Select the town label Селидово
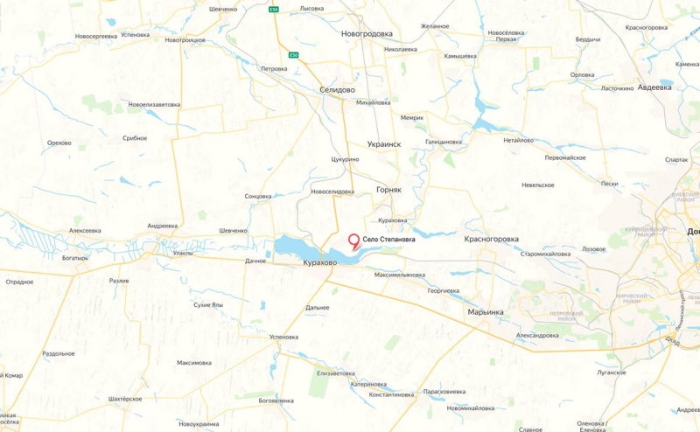(x=337, y=90)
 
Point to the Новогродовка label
(x=367, y=33)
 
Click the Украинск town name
(x=384, y=144)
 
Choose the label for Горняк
(x=388, y=189)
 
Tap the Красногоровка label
(x=492, y=239)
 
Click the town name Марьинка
(x=486, y=311)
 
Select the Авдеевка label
(x=654, y=87)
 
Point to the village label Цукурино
(x=346, y=160)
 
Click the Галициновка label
(x=444, y=141)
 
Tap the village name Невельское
(x=538, y=185)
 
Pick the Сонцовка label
(x=258, y=196)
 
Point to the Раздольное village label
(x=59, y=353)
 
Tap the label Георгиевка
(x=444, y=289)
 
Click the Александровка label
(x=537, y=335)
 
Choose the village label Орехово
(x=59, y=142)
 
